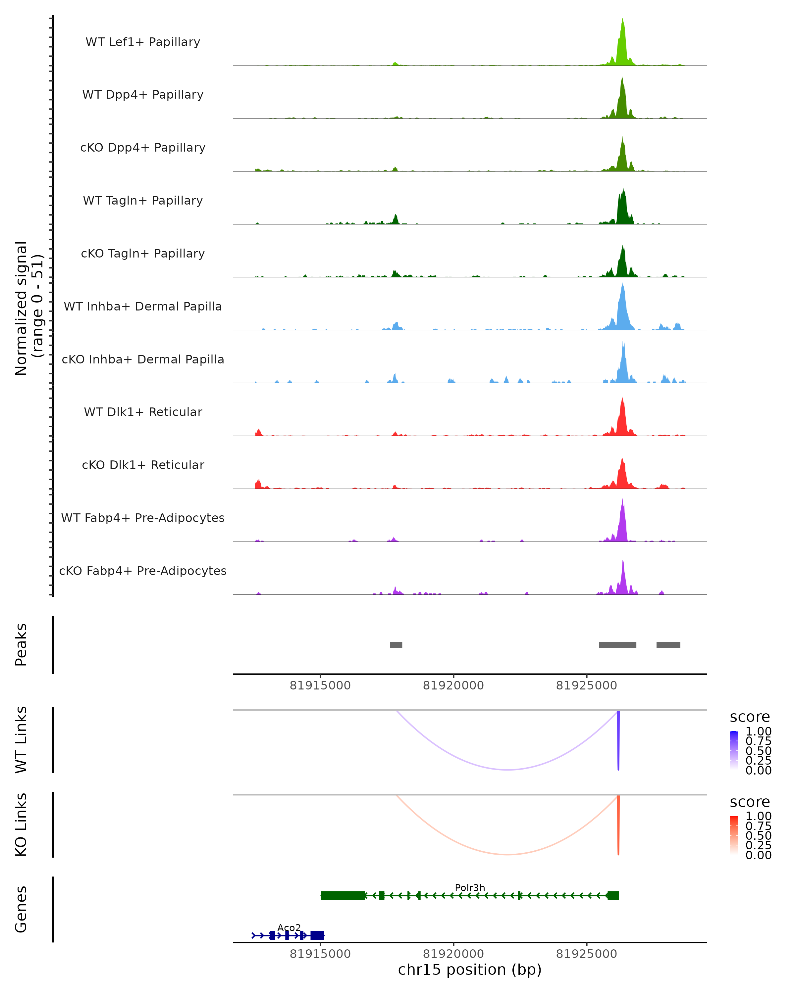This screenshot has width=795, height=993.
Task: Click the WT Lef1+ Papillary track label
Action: (143, 42)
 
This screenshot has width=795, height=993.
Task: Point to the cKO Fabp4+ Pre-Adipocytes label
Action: (143, 571)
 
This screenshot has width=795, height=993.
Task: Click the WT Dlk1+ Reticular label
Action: (143, 412)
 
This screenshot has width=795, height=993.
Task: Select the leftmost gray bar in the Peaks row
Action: (396, 645)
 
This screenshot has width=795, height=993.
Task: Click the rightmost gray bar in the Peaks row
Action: (668, 645)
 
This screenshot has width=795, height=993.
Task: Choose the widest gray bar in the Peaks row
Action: (617, 645)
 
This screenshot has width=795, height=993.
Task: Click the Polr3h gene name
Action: (470, 887)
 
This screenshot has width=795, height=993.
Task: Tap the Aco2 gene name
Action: (289, 927)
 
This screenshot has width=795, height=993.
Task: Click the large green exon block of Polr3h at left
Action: (343, 895)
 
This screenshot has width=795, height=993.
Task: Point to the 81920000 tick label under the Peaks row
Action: (453, 686)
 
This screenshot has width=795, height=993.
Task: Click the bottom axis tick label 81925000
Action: (586, 954)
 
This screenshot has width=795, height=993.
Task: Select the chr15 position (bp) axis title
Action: (470, 969)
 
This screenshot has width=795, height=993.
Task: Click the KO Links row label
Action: (21, 825)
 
